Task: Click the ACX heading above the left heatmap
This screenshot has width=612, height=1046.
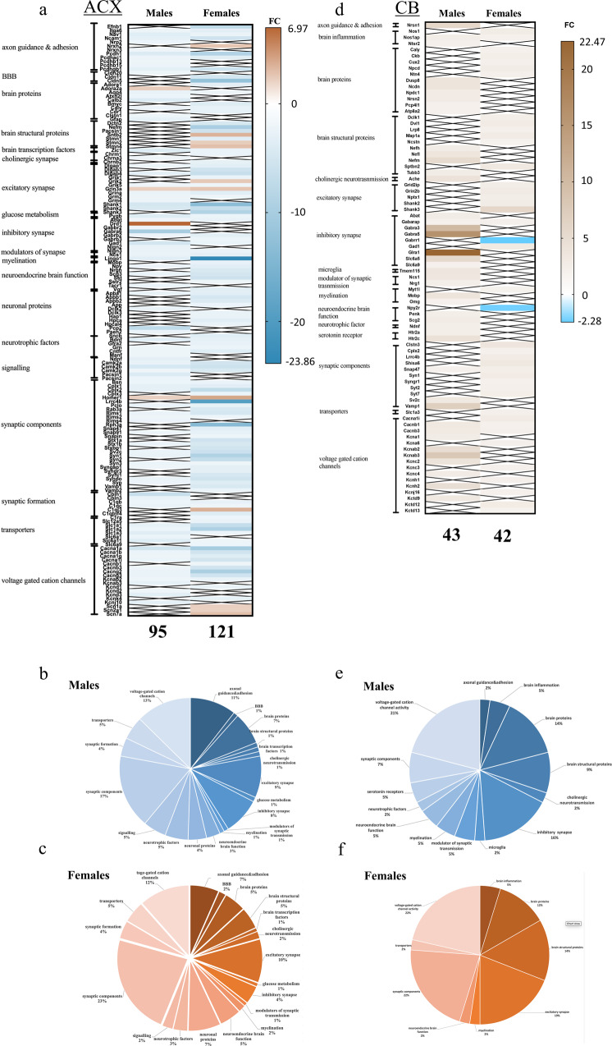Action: click(x=100, y=10)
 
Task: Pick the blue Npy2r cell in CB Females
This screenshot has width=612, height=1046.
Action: click(x=509, y=307)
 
